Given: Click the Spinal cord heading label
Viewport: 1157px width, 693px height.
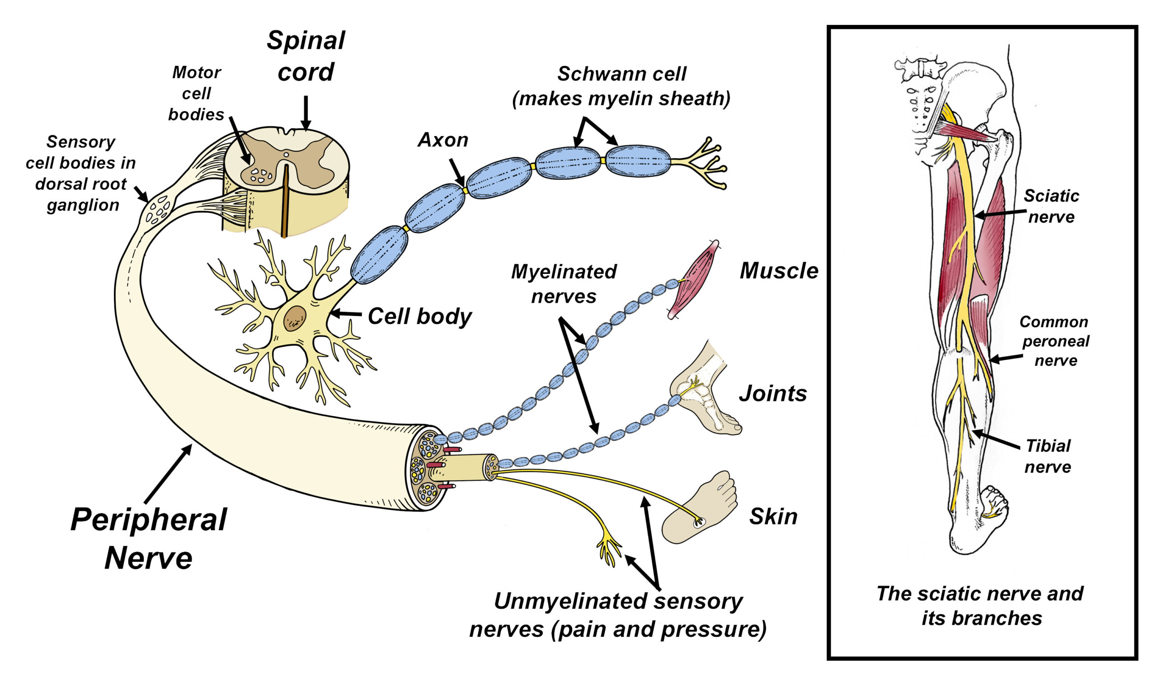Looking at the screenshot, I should pyautogui.click(x=306, y=56).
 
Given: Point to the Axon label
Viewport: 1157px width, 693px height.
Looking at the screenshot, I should pyautogui.click(x=443, y=140).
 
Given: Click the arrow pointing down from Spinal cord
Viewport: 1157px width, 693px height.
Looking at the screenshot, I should pyautogui.click(x=306, y=112).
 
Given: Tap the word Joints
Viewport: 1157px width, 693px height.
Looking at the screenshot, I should pyautogui.click(x=773, y=394).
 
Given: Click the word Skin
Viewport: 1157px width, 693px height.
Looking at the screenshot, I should pyautogui.click(x=773, y=517).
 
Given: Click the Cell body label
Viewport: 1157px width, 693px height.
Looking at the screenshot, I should pyautogui.click(x=419, y=316).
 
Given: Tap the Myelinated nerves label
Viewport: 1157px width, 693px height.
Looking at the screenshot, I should pyautogui.click(x=564, y=284).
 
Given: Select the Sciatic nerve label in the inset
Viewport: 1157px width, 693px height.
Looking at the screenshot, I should pyautogui.click(x=1051, y=207).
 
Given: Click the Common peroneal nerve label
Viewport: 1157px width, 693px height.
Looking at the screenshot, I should pyautogui.click(x=1055, y=341).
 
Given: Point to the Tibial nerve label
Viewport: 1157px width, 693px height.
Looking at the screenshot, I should pyautogui.click(x=1048, y=456).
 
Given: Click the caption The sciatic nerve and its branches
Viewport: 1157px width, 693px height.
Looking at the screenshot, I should pyautogui.click(x=980, y=606).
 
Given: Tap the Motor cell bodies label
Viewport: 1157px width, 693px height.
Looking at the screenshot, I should pyautogui.click(x=196, y=94).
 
